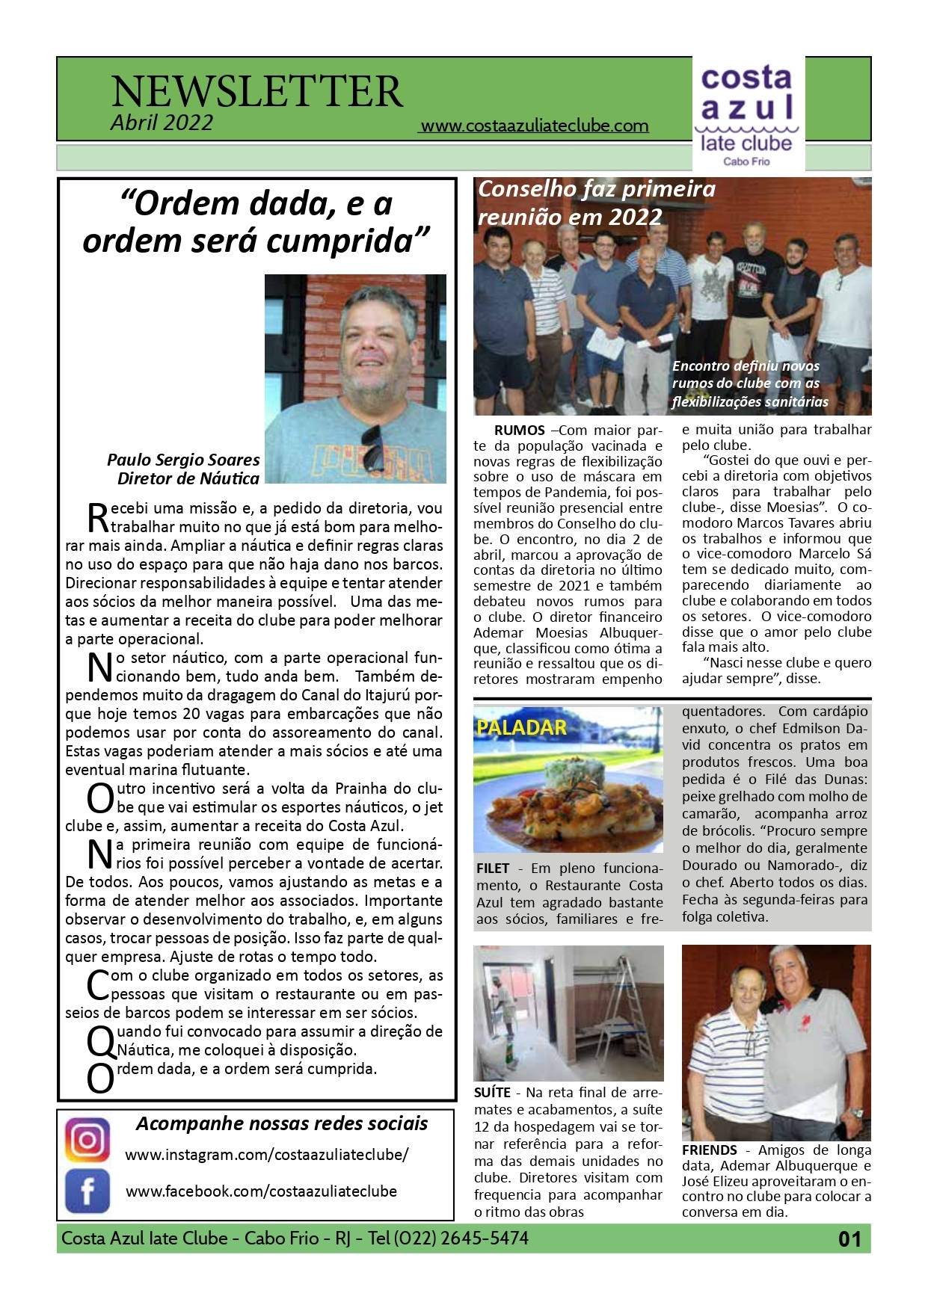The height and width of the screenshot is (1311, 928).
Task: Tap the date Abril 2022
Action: pyautogui.click(x=162, y=123)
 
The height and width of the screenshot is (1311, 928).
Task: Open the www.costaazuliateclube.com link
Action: pyautogui.click(x=534, y=126)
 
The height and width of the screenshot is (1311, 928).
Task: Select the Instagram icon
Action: pyautogui.click(x=87, y=1140)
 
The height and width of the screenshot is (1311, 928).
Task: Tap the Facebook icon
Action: pyautogui.click(x=87, y=1191)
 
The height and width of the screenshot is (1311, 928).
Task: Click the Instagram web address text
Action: pyautogui.click(x=266, y=1154)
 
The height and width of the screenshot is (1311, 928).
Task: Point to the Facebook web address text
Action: pyautogui.click(x=261, y=1191)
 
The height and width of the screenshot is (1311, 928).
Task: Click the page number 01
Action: pyautogui.click(x=849, y=1239)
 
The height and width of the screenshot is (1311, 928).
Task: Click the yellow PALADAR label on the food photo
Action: pyautogui.click(x=521, y=727)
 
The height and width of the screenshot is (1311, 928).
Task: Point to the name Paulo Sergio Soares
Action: pyautogui.click(x=183, y=460)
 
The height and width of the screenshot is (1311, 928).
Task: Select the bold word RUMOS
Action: pyautogui.click(x=519, y=431)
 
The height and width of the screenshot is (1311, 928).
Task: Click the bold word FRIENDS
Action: pyautogui.click(x=709, y=1150)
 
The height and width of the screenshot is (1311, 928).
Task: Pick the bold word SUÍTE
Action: pyautogui.click(x=492, y=1093)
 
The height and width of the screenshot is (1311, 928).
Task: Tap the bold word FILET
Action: pyautogui.click(x=492, y=869)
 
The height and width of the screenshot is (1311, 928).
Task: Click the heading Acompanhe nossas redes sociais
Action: pyautogui.click(x=282, y=1123)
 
